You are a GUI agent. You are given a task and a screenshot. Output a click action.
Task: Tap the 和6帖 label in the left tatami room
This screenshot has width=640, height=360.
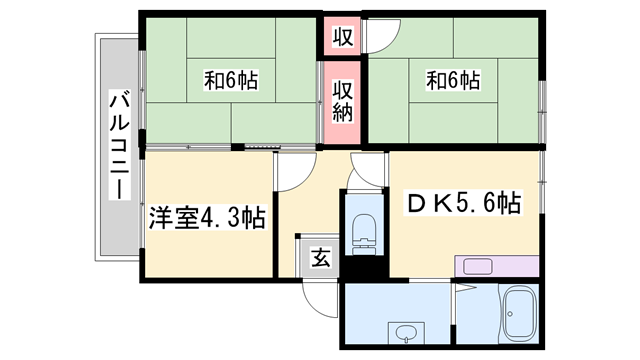[231, 80]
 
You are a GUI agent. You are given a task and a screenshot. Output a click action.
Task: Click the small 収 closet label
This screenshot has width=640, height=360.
[342, 38]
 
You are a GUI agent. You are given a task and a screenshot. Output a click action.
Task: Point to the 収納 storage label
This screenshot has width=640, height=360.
[342, 101]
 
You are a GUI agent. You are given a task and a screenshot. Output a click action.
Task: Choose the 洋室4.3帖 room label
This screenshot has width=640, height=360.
[208, 218]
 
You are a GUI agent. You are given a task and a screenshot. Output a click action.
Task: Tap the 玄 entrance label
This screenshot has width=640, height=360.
[320, 259]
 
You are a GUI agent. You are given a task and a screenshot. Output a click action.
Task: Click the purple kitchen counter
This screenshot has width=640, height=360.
[497, 266]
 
